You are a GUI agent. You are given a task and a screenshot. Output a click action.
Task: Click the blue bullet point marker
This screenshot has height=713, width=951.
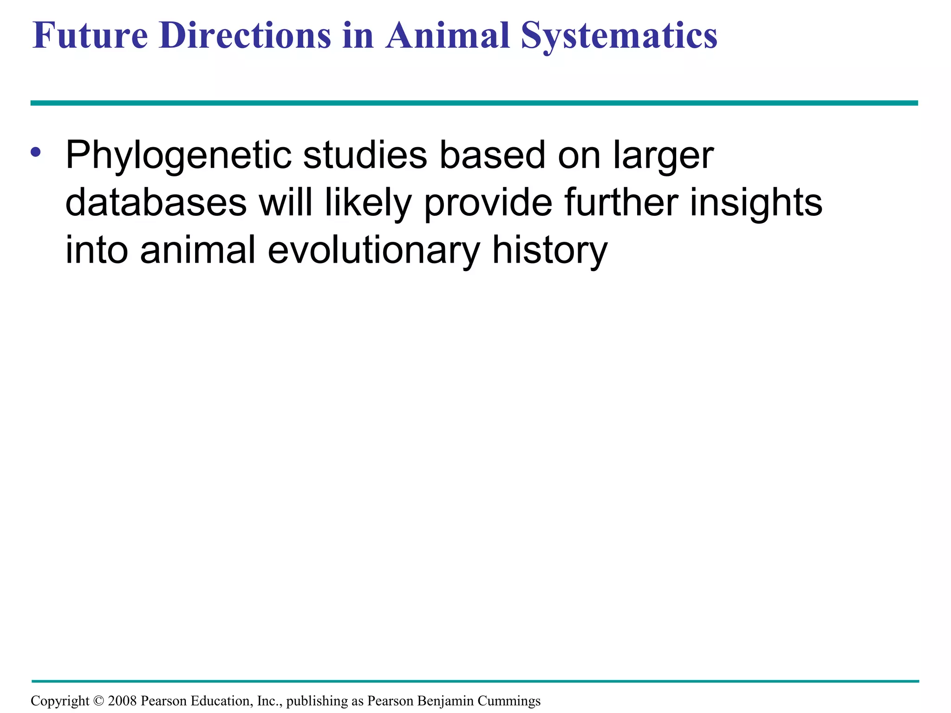[x=36, y=152]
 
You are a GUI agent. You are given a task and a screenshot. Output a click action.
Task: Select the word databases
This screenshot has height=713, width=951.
[x=156, y=203]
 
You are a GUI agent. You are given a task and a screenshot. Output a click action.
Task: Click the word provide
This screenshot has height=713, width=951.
[x=488, y=203]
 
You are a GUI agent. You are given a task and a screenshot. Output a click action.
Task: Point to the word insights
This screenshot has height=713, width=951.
[x=756, y=203]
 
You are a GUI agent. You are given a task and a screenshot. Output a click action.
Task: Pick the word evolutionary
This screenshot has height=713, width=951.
[x=374, y=250]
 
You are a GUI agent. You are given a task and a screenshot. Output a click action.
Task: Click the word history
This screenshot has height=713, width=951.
[x=549, y=250]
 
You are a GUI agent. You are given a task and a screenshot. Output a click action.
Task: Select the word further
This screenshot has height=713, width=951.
[x=621, y=203]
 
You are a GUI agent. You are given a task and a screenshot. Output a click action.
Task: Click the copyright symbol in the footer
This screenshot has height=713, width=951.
[x=98, y=700]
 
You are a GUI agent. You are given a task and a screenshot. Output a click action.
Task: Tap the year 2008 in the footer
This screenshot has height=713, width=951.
[x=122, y=700]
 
